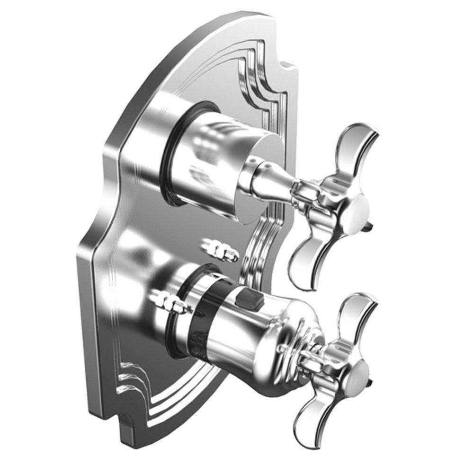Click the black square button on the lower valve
point(246,299)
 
